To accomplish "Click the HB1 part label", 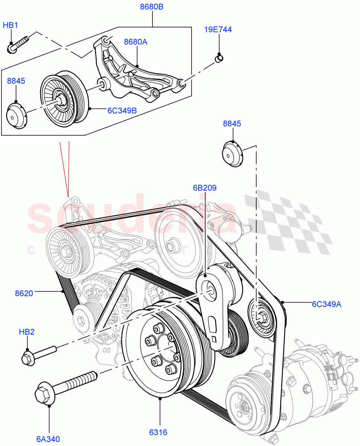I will pos(10,25).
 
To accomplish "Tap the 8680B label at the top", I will pos(152,7).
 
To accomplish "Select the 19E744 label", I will pos(218,29).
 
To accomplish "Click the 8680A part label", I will pos(135,42).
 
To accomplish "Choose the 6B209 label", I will pos(205,188).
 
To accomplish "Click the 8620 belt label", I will pos(24,293).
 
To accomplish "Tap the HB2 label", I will pos(27,332).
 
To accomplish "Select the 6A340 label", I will pos(48,439).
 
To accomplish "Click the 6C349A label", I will pos(327,304).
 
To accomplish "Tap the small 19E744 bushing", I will pos(219,58).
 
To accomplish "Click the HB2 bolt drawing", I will pos(37,354).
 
